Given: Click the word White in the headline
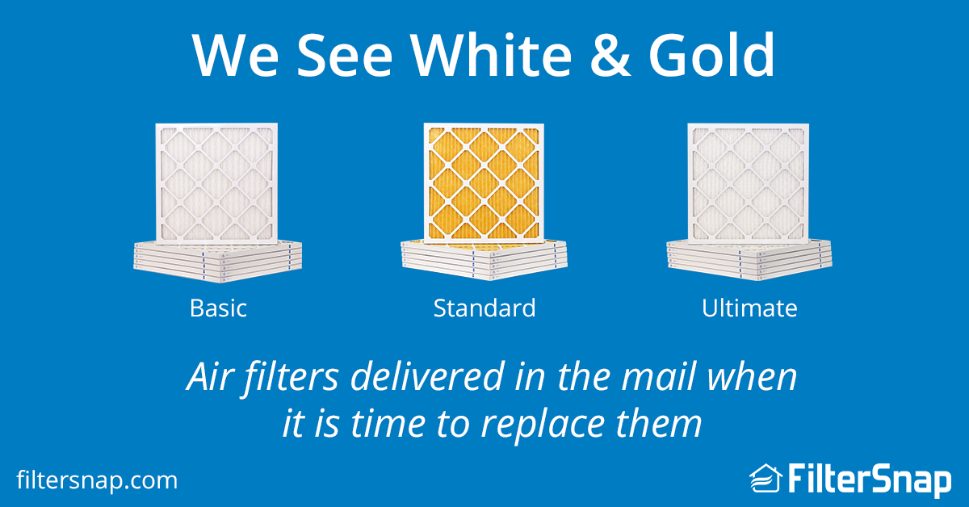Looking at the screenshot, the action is (x=491, y=55).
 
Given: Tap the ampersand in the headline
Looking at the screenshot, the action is (x=610, y=56).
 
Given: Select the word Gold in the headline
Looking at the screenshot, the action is (x=711, y=55).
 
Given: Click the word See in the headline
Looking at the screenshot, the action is (x=344, y=56).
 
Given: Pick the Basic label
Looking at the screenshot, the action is (x=219, y=308).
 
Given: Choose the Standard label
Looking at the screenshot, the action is (x=484, y=308).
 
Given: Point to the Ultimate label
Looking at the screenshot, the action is (x=749, y=308).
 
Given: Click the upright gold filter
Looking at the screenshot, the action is (x=484, y=183).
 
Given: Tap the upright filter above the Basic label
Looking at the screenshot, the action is (x=216, y=183).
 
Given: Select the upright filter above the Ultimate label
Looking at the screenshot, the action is (x=749, y=183).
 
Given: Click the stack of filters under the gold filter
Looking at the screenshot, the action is (x=484, y=260).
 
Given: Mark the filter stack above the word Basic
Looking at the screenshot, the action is (x=217, y=262).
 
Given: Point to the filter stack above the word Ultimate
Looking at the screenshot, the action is (x=749, y=260).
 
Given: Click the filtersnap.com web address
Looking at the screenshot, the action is (x=97, y=480).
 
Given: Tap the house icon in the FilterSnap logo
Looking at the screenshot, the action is (x=766, y=478).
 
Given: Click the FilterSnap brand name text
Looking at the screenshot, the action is (x=870, y=480).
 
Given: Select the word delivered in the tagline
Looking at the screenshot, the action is (x=427, y=377).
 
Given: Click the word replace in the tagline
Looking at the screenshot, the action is (x=543, y=424).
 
